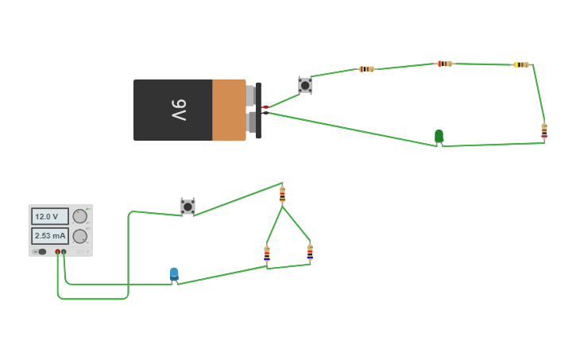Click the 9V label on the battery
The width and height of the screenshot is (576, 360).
tap(179, 110)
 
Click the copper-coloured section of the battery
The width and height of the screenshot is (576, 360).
tap(229, 110)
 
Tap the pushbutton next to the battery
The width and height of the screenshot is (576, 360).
tap(305, 84)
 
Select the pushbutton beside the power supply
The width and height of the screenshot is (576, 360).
tap(187, 207)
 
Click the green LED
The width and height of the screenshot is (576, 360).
tap(439, 136)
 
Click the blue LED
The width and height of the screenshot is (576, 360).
tap(174, 274)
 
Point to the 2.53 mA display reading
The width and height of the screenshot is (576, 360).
tap(49, 236)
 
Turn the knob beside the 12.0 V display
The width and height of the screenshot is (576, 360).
tap(80, 216)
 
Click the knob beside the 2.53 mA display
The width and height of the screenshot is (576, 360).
tap(80, 236)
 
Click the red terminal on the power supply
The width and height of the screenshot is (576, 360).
tap(57, 252)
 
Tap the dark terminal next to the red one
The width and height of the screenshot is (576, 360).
tap(64, 252)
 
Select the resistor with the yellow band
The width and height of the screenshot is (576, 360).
tap(521, 64)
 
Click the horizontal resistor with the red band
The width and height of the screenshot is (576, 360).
tap(445, 64)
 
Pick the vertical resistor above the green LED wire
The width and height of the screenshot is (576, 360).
tap(544, 130)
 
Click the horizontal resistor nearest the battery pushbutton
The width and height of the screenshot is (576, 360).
tap(366, 69)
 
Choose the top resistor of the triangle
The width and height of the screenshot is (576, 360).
tap(282, 194)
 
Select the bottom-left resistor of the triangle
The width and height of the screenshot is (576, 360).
tap(267, 254)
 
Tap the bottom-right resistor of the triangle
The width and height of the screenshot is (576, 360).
tap(310, 252)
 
